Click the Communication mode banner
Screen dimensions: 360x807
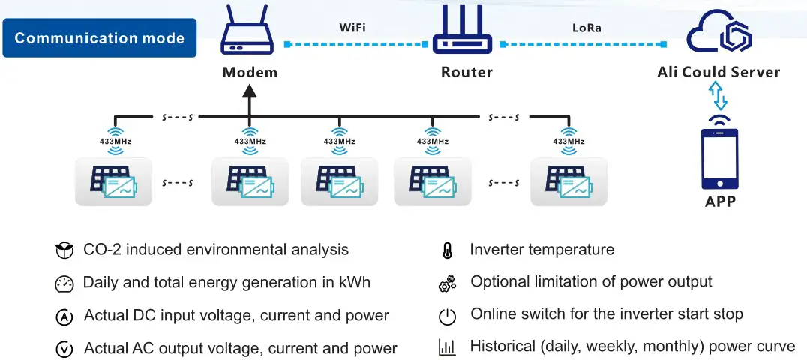[x=99, y=37]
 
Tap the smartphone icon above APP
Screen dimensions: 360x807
[x=719, y=159]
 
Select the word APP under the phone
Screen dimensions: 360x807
[x=719, y=201]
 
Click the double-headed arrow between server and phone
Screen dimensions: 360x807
[x=718, y=97]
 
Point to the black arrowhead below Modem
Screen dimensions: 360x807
[x=250, y=92]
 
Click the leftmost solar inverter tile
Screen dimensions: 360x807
[x=113, y=181]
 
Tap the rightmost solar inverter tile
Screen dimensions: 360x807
[x=568, y=181]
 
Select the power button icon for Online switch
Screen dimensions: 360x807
[x=447, y=316]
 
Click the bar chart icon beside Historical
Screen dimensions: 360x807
[x=447, y=347]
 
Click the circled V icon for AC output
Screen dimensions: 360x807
[x=64, y=349]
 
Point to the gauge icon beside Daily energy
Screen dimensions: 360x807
[x=64, y=284]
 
